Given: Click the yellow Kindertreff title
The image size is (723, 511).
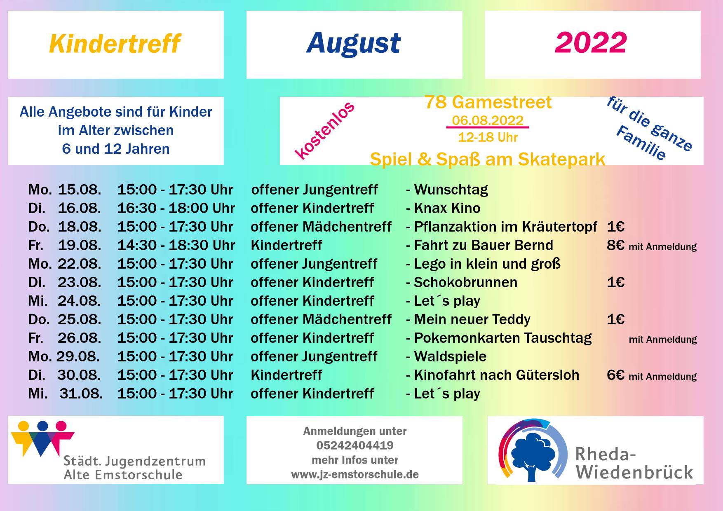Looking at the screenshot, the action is (115, 44).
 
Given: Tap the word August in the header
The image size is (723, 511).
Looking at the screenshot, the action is (354, 43).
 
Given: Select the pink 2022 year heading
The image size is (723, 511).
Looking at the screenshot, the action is (591, 42).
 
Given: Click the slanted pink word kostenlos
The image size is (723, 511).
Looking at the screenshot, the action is (325, 130).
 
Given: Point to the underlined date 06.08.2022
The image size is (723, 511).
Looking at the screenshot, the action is (488, 120).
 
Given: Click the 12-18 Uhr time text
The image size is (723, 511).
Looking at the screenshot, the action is (488, 137).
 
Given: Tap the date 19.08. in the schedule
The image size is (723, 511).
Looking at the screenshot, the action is (79, 245).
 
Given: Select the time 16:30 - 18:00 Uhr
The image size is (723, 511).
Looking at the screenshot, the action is (176, 208).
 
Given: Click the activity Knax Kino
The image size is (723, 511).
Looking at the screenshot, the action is (447, 208).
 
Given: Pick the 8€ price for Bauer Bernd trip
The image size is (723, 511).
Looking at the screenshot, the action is (615, 245).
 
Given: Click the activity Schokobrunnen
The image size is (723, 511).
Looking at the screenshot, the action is (465, 282).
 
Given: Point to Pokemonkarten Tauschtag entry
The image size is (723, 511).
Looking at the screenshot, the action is (502, 338).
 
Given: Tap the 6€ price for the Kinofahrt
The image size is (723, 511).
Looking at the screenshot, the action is (615, 375).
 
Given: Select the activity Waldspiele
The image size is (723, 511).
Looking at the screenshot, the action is (450, 356).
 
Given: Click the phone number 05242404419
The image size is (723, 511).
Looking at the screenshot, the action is (355, 445).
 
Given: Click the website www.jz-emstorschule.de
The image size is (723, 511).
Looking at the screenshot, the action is (355, 474).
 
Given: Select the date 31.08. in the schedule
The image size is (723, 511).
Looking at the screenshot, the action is (81, 394).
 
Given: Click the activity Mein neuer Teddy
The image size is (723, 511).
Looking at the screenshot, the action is (472, 320).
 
